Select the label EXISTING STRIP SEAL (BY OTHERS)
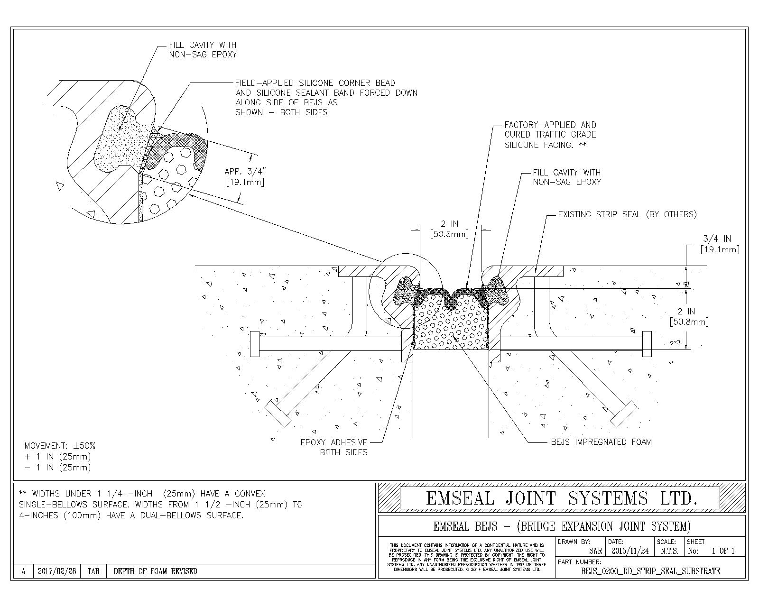click(627, 214)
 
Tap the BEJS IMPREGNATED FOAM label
click(601, 442)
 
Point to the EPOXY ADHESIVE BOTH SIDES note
click(333, 447)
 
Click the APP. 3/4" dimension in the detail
click(244, 176)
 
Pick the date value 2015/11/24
click(630, 551)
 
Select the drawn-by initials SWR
click(595, 551)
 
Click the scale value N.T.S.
click(669, 551)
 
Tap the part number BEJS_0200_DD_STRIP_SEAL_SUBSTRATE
click(650, 571)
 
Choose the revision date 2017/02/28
click(56, 571)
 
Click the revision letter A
click(23, 571)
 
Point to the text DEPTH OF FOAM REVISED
click(155, 571)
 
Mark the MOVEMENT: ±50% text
click(60, 446)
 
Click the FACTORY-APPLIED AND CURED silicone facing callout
click(550, 135)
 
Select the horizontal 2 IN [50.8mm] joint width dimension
click(449, 229)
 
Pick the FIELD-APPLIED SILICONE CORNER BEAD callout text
click(326, 97)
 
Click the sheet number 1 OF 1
click(723, 551)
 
